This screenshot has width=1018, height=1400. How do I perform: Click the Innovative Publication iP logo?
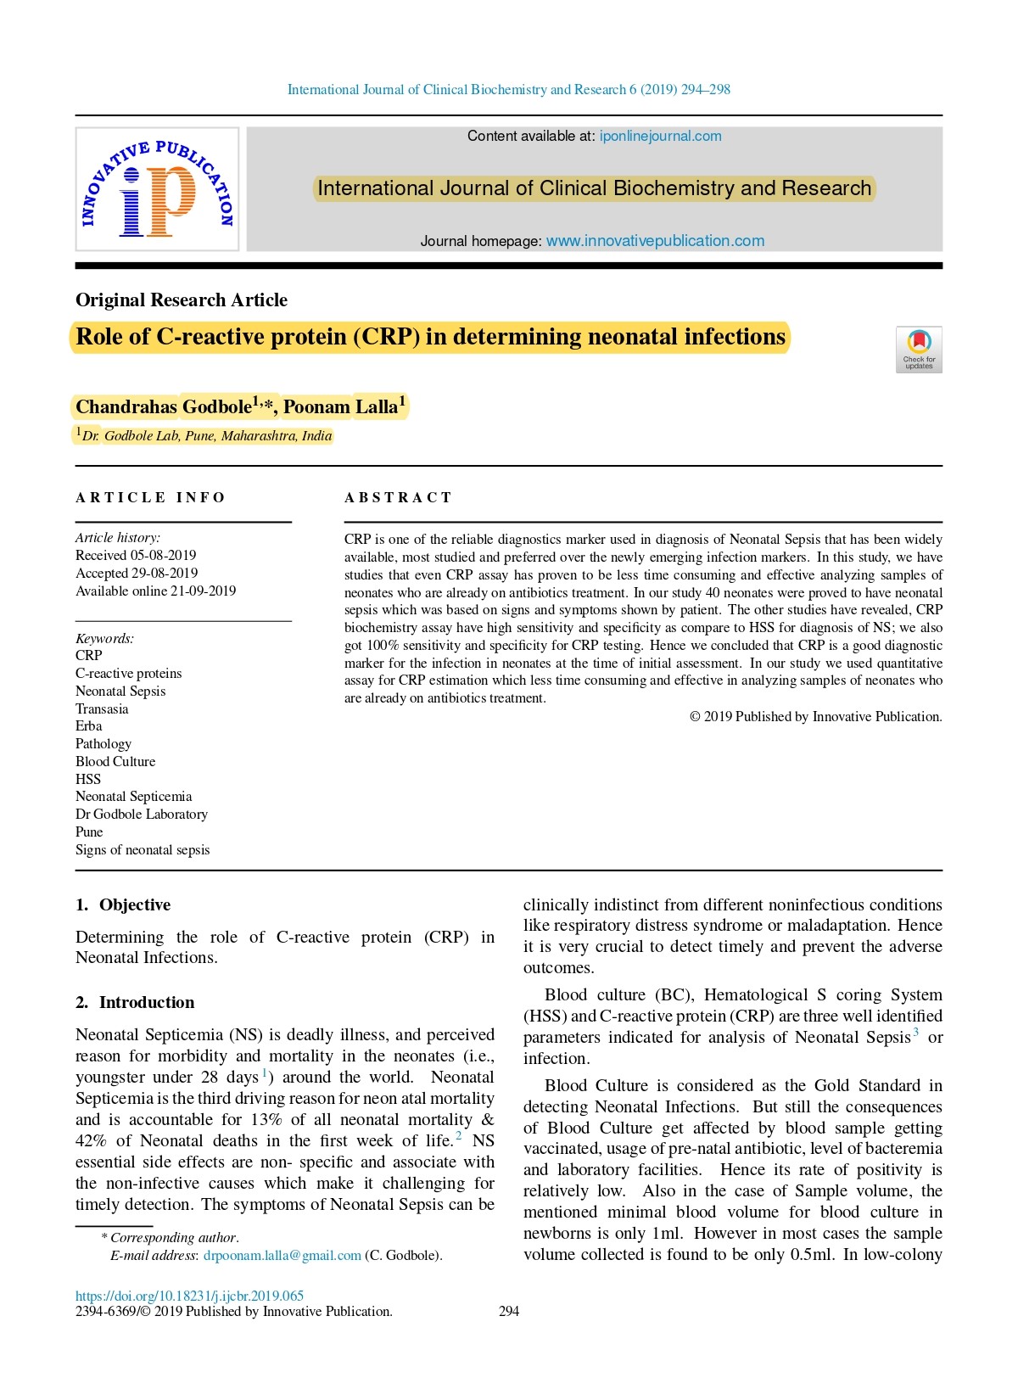pyautogui.click(x=157, y=189)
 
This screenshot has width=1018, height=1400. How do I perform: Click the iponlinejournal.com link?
pyautogui.click(x=660, y=137)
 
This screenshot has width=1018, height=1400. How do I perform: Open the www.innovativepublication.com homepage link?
pyautogui.click(x=655, y=241)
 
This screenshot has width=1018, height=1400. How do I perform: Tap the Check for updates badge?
pyautogui.click(x=919, y=349)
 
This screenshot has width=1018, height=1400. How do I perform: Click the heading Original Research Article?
pyautogui.click(x=182, y=300)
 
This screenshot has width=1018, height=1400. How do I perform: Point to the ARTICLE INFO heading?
pyautogui.click(x=150, y=498)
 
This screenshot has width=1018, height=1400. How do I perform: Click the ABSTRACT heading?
pyautogui.click(x=398, y=498)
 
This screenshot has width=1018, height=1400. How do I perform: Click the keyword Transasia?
pyautogui.click(x=102, y=709)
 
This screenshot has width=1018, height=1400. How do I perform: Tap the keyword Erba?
pyautogui.click(x=89, y=726)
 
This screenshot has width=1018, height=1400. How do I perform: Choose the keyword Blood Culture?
pyautogui.click(x=115, y=762)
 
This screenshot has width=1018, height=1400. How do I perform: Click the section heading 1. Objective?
pyautogui.click(x=123, y=905)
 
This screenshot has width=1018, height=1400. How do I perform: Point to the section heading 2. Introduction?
pyautogui.click(x=135, y=1003)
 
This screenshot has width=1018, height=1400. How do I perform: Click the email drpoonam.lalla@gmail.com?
pyautogui.click(x=282, y=1256)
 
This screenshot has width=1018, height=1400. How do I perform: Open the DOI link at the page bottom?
pyautogui.click(x=189, y=1296)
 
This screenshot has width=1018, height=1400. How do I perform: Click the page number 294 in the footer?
pyautogui.click(x=509, y=1312)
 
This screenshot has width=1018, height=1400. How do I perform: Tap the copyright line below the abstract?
pyautogui.click(x=815, y=717)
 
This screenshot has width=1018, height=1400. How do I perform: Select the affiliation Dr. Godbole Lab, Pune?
pyautogui.click(x=206, y=436)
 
